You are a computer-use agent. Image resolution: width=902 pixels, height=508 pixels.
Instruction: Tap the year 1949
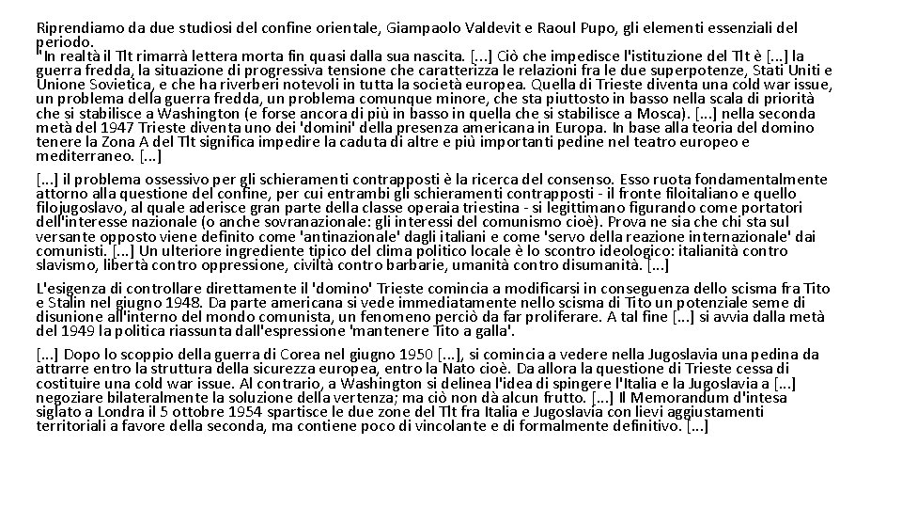[79, 331]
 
